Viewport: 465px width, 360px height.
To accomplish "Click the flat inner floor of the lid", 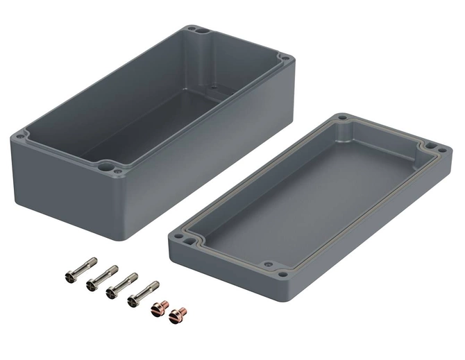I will coord(305,194).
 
